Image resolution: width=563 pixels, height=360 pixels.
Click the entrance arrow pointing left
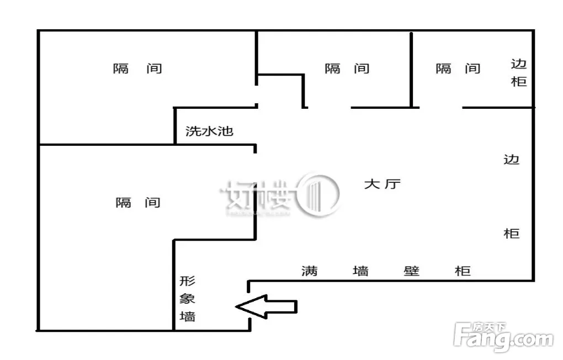tap(266, 307)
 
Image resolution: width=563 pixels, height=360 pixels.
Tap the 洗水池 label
tap(209, 131)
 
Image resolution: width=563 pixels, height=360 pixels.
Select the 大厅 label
tap(383, 184)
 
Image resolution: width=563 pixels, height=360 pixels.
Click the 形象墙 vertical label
tap(188, 299)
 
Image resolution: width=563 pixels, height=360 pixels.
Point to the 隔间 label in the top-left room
tap(137, 68)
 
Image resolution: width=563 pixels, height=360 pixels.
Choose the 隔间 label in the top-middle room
tap(347, 68)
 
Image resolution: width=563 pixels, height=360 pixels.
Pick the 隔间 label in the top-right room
tap(458, 68)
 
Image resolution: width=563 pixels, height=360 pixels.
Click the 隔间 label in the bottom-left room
tap(138, 203)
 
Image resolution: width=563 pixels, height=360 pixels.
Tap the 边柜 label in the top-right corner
tap(519, 73)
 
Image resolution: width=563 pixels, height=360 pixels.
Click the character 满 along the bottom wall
tap(310, 271)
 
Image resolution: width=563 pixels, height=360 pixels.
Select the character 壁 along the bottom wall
tap(411, 271)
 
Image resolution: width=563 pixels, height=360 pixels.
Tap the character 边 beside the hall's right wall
tap(511, 159)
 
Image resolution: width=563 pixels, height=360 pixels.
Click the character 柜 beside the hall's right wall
tap(511, 234)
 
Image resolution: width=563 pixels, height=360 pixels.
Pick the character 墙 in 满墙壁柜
tap(360, 271)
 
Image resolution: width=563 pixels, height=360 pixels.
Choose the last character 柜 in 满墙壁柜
tap(463, 271)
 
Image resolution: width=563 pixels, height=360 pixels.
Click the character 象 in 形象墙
tap(188, 299)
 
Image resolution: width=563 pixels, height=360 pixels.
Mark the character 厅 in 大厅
tap(392, 184)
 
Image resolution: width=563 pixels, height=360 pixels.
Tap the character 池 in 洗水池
tap(226, 131)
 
